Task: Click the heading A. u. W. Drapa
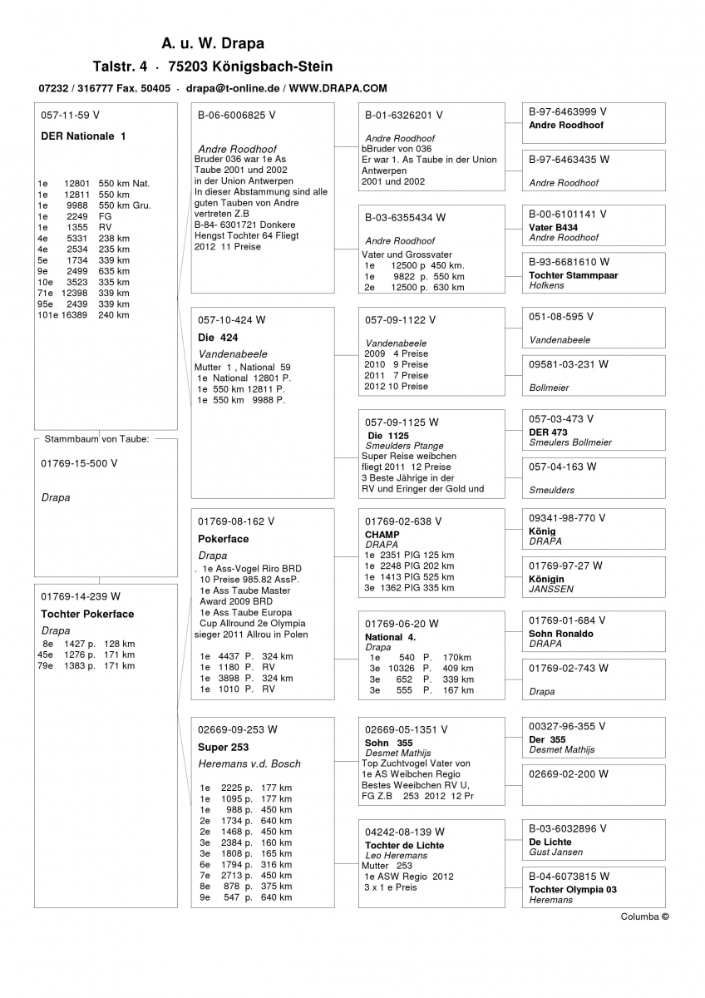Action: pos(213,43)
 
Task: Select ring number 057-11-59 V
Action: pos(70,115)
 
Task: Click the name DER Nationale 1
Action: pos(83,136)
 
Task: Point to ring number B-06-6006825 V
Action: pos(236,115)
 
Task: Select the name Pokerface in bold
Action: pos(223,539)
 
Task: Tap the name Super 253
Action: pos(223,747)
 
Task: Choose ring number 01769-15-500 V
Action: pos(79,463)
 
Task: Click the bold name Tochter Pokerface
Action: pos(87,614)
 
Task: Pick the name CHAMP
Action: pos(382,535)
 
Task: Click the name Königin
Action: pos(546,579)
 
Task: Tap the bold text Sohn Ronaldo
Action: pos(561,634)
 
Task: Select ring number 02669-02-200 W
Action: pos(568,773)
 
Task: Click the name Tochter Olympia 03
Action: pos(573,889)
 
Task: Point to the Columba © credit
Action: pos(644,916)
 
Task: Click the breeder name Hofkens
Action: pos(546,285)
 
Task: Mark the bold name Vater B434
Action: pos(553,227)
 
